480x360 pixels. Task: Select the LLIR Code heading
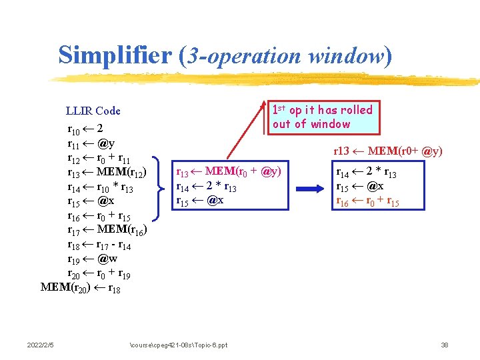pos(93,111)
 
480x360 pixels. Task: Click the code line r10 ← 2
pos(85,129)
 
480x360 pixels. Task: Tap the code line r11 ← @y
pos(91,143)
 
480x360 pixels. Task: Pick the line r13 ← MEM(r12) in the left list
pos(106,173)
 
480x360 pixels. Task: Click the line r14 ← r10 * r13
pos(101,187)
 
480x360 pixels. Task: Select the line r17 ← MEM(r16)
pos(107,230)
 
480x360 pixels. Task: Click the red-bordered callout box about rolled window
pos(323,117)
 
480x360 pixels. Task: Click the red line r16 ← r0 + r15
pos(367,201)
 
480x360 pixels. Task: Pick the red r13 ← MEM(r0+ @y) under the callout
pos(387,151)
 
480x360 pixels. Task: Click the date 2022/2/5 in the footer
pos(41,345)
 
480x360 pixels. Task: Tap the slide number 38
pos(444,345)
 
